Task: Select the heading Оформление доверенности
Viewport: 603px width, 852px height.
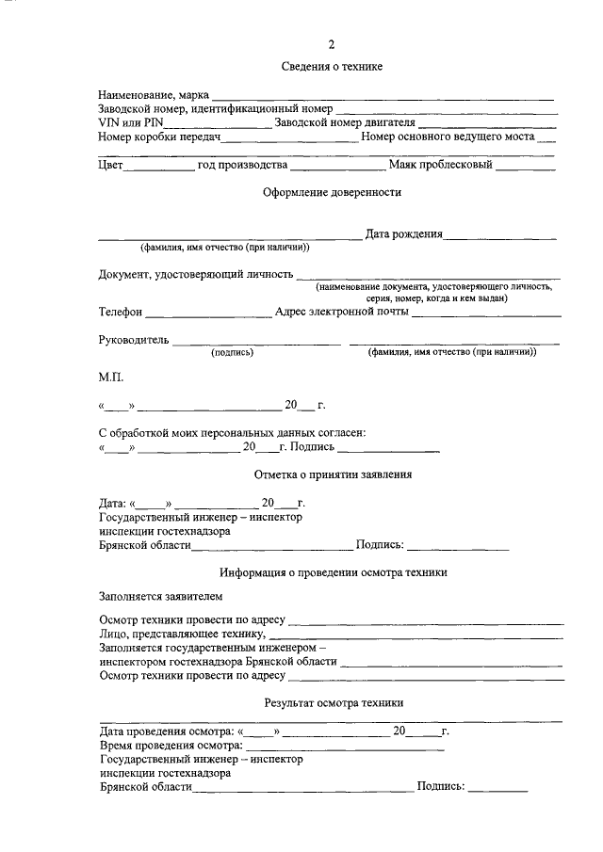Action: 331,193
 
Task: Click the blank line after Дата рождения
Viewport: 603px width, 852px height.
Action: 500,236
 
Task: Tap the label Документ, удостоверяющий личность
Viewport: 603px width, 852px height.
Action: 196,274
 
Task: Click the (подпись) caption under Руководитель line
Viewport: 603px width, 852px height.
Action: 232,353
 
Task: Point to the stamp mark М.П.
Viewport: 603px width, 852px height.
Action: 110,377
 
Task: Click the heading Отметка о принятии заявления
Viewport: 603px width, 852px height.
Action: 333,474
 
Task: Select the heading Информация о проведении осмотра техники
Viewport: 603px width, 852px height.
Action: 333,572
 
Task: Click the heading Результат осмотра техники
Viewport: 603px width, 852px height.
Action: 334,702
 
